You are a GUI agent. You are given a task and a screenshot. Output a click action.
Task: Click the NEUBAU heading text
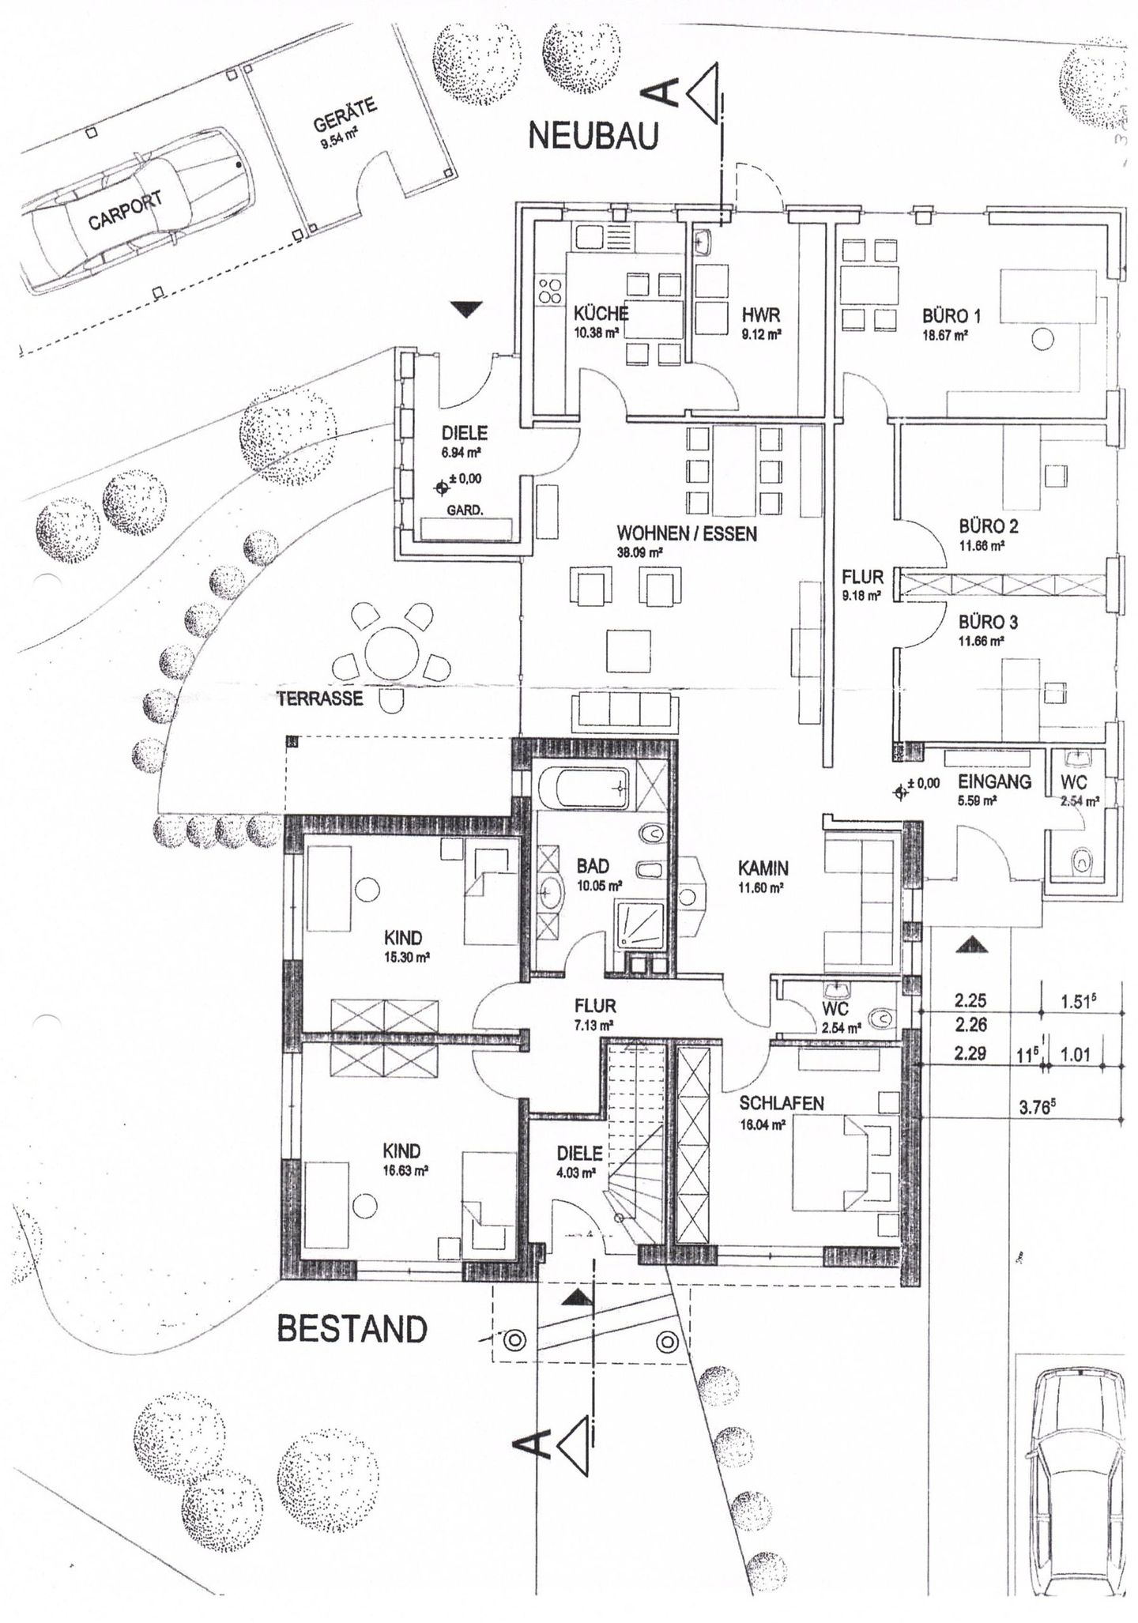(593, 136)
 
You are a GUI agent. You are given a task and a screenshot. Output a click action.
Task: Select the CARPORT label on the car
(126, 209)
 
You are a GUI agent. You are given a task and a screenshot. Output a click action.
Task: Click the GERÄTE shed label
(345, 115)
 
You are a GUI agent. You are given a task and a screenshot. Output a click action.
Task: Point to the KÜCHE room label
(601, 312)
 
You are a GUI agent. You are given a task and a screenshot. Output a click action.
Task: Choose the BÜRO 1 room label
(951, 316)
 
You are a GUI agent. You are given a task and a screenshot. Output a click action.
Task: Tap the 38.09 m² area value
(639, 553)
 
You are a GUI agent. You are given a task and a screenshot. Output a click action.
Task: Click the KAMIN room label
(763, 868)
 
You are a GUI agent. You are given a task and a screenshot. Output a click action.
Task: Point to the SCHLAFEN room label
(782, 1103)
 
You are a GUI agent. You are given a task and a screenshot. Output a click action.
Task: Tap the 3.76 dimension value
(1038, 1108)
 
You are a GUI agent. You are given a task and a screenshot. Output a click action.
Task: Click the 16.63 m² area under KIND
(405, 1171)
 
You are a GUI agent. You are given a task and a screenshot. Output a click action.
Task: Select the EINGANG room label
(994, 781)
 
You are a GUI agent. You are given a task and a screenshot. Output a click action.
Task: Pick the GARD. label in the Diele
(465, 510)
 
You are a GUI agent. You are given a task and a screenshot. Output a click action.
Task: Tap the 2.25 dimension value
(970, 1000)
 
